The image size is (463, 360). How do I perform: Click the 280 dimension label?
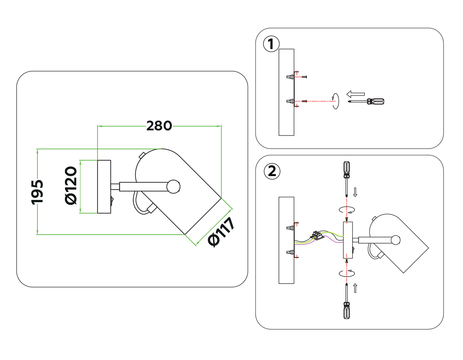[159, 126]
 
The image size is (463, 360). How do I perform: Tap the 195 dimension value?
[37, 192]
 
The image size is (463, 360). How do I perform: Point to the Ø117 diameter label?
[221, 232]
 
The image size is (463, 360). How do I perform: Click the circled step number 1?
[271, 44]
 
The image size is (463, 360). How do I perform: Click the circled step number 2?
[272, 171]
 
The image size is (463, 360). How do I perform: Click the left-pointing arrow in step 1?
[356, 94]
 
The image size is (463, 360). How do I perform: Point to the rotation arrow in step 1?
[336, 101]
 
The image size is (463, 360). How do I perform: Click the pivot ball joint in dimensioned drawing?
[173, 187]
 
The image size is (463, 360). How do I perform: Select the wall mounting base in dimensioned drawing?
[104, 187]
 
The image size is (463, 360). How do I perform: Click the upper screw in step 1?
[304, 77]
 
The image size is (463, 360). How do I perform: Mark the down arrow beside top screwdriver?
[355, 192]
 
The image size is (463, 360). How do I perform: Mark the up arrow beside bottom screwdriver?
[355, 288]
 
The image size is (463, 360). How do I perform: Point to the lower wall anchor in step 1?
[290, 101]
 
